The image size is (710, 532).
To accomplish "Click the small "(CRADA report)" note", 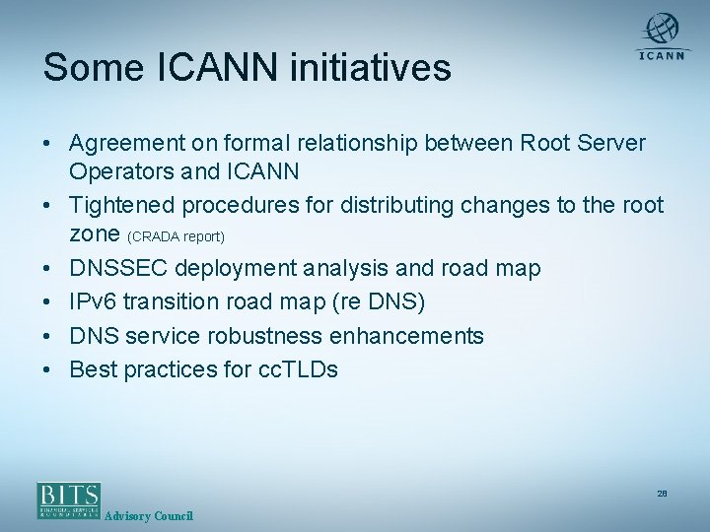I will point(177,237).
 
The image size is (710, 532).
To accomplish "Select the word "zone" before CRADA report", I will point(95,234).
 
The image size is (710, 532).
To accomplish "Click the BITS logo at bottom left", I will point(68,499).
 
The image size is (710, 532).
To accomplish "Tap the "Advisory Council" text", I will point(148,516).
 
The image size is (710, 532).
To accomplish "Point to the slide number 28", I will point(662,493).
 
